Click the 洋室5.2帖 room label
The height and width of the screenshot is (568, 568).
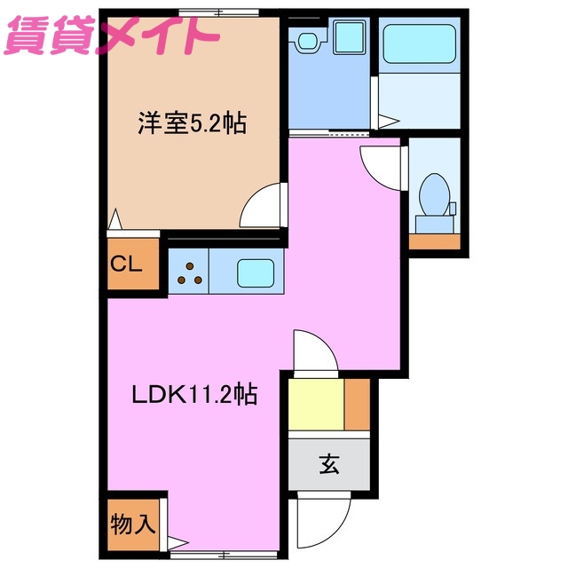pyautogui.click(x=191, y=122)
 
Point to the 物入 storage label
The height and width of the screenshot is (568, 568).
pyautogui.click(x=132, y=524)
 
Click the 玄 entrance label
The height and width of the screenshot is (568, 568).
pyautogui.click(x=328, y=463)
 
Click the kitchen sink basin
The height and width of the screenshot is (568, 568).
pyautogui.click(x=258, y=270)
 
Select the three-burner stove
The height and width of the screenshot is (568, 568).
pyautogui.click(x=187, y=271)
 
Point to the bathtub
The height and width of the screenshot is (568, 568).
pyautogui.click(x=418, y=42)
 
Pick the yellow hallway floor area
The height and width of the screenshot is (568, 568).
pyautogui.click(x=315, y=405)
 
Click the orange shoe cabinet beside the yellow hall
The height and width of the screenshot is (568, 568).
pyautogui.click(x=357, y=405)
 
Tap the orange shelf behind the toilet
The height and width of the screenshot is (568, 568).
pyautogui.click(x=435, y=241)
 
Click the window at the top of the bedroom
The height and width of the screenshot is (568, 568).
pyautogui.click(x=213, y=12)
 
